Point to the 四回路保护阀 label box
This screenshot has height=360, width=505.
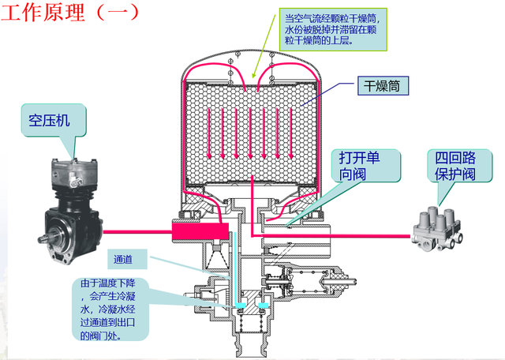point(453,167)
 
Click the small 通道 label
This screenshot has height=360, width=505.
point(125,259)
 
